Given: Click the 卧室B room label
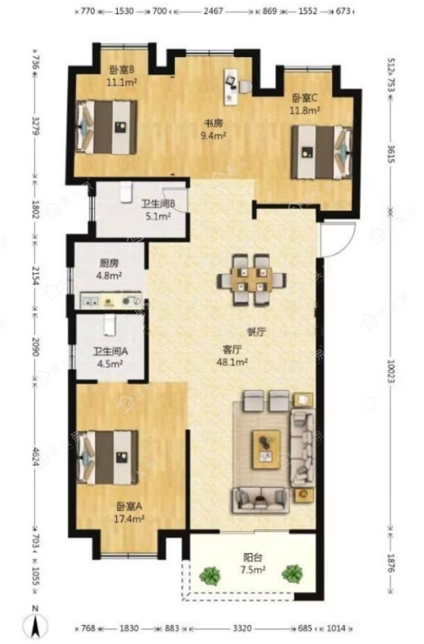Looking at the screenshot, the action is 122,76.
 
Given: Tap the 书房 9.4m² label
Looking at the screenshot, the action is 214,129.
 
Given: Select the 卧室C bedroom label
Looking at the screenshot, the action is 305,104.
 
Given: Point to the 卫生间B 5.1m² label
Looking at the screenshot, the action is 158,210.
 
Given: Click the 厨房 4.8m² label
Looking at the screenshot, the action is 109,270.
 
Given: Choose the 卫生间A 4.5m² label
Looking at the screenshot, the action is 110,358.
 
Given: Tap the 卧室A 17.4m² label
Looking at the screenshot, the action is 129,513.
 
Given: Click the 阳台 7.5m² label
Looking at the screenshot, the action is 252,563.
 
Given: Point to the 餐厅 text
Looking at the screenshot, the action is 256,331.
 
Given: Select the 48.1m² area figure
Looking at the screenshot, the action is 232,362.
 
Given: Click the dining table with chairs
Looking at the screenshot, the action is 252,280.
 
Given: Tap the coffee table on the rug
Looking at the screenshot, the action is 267,449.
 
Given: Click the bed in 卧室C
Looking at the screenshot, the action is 322,153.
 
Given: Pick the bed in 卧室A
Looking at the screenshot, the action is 107,457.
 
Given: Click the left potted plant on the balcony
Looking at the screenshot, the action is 210,575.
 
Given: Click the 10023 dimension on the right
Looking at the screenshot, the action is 390,372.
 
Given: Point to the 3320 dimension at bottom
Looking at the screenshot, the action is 241,628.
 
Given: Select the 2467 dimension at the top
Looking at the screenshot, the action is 214,11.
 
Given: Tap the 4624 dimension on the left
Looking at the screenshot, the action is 36,456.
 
